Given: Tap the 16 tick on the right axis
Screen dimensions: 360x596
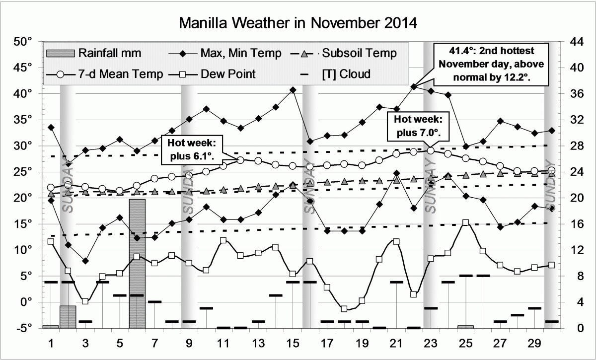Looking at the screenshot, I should point(573,224).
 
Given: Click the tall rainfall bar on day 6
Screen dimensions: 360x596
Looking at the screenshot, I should point(137,263).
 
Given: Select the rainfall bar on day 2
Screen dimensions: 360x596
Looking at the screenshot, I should point(68,317).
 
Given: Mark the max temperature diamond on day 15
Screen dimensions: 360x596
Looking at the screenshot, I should point(293,90).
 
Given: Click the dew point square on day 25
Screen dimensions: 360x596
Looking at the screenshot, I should point(465,223).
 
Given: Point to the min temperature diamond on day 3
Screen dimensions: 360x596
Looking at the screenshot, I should point(85,261).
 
